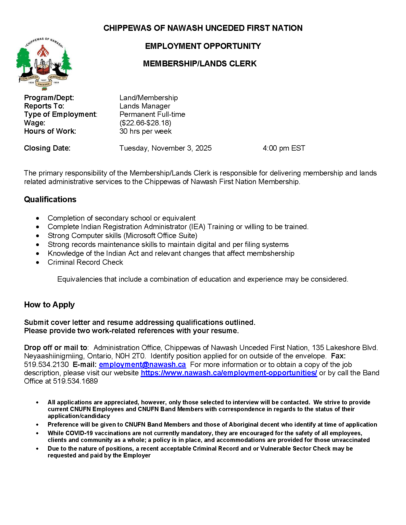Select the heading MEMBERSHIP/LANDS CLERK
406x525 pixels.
[200, 64]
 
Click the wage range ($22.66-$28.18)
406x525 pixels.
[145, 123]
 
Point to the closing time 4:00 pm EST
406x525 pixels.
[284, 148]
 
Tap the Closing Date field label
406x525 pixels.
[47, 148]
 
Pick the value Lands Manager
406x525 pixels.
[145, 106]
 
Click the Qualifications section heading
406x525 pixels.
[50, 200]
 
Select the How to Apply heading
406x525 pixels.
[49, 305]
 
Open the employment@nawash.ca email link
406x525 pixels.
[142, 365]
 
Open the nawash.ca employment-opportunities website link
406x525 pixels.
[229, 373]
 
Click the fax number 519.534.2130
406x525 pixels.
[46, 365]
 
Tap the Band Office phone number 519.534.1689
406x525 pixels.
[75, 381]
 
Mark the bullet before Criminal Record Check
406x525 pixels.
[38, 263]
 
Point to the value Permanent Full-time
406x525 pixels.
[152, 114]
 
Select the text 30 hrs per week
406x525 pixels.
[145, 131]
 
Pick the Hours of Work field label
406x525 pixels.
[50, 131]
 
